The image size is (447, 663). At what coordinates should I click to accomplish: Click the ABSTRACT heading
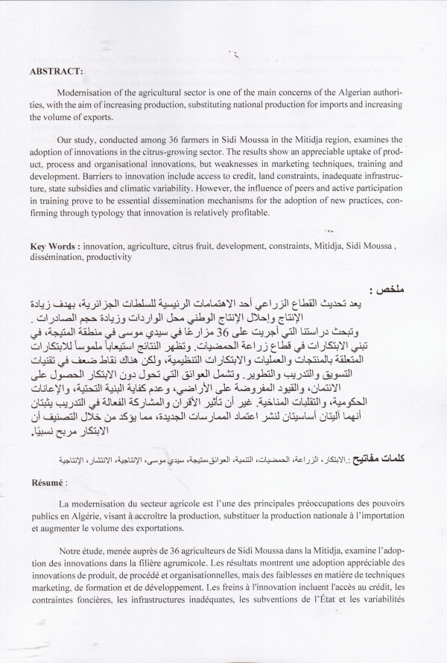57,72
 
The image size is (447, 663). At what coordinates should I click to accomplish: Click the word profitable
255,213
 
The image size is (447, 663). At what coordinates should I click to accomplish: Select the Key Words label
54,245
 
